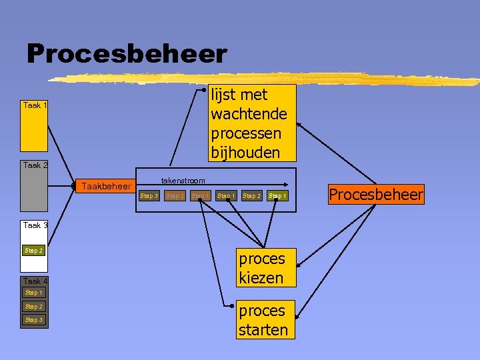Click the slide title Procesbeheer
pos(127,54)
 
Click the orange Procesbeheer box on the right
pos(375,195)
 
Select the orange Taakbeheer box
pos(106,186)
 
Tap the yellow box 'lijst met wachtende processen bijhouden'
pos(249,123)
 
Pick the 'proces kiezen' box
pos(261,268)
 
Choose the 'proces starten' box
pos(263,320)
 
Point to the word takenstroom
pos(183,181)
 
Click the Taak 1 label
pos(35,105)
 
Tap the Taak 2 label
pos(35,165)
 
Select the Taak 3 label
pos(35,225)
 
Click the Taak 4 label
pos(35,281)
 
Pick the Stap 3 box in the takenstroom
pos(149,196)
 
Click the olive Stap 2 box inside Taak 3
pos(33,251)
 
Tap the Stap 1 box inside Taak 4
pos(33,293)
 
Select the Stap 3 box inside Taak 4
pos(33,320)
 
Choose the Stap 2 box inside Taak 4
pos(33,307)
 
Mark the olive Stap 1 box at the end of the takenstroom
pos(277,196)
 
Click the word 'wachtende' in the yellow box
pos(249,114)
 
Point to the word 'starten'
pos(263,329)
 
